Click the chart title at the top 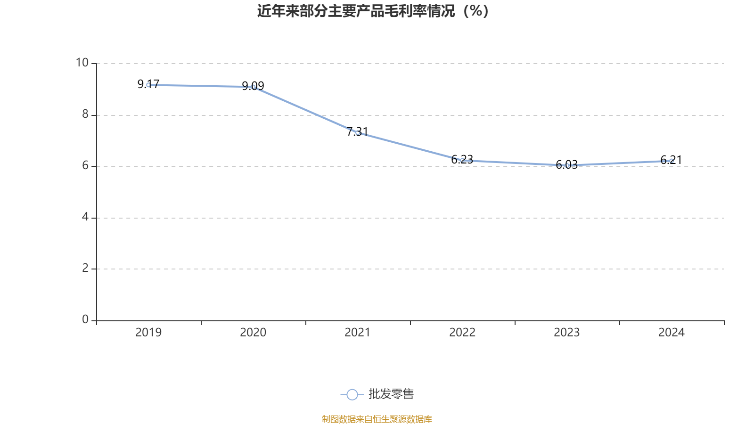373,11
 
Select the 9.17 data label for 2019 148,84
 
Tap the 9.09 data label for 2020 253,86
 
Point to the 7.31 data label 357,131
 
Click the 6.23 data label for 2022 462,159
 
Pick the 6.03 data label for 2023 566,164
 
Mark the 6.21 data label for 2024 671,160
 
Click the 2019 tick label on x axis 148,333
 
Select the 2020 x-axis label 253,333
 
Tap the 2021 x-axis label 357,333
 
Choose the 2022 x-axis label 462,333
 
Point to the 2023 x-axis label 566,333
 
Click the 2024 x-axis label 671,333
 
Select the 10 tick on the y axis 82,63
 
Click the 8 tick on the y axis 85,114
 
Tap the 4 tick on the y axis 85,217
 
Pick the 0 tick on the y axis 85,319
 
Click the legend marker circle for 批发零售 352,395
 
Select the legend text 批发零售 391,394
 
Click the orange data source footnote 377,419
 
